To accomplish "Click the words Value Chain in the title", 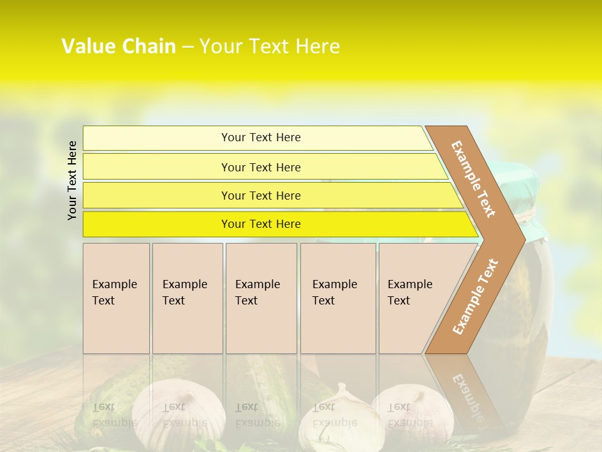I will [x=119, y=46].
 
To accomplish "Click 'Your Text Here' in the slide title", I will [x=270, y=46].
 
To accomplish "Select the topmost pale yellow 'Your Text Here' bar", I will [x=260, y=137].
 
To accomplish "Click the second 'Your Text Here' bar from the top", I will [x=260, y=167].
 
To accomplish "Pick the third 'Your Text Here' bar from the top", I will [x=260, y=196].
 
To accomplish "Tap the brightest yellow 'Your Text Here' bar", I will [x=260, y=224].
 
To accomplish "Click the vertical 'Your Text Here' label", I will [x=72, y=180].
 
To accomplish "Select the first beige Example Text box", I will [x=116, y=298].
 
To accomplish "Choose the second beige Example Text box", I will [x=187, y=298].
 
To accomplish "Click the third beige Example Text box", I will [x=260, y=298].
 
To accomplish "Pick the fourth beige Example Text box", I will [x=337, y=298].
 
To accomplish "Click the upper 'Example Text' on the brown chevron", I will [x=473, y=179].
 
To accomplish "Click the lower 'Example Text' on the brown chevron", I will [x=475, y=296].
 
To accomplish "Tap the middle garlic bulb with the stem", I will [x=335, y=417].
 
